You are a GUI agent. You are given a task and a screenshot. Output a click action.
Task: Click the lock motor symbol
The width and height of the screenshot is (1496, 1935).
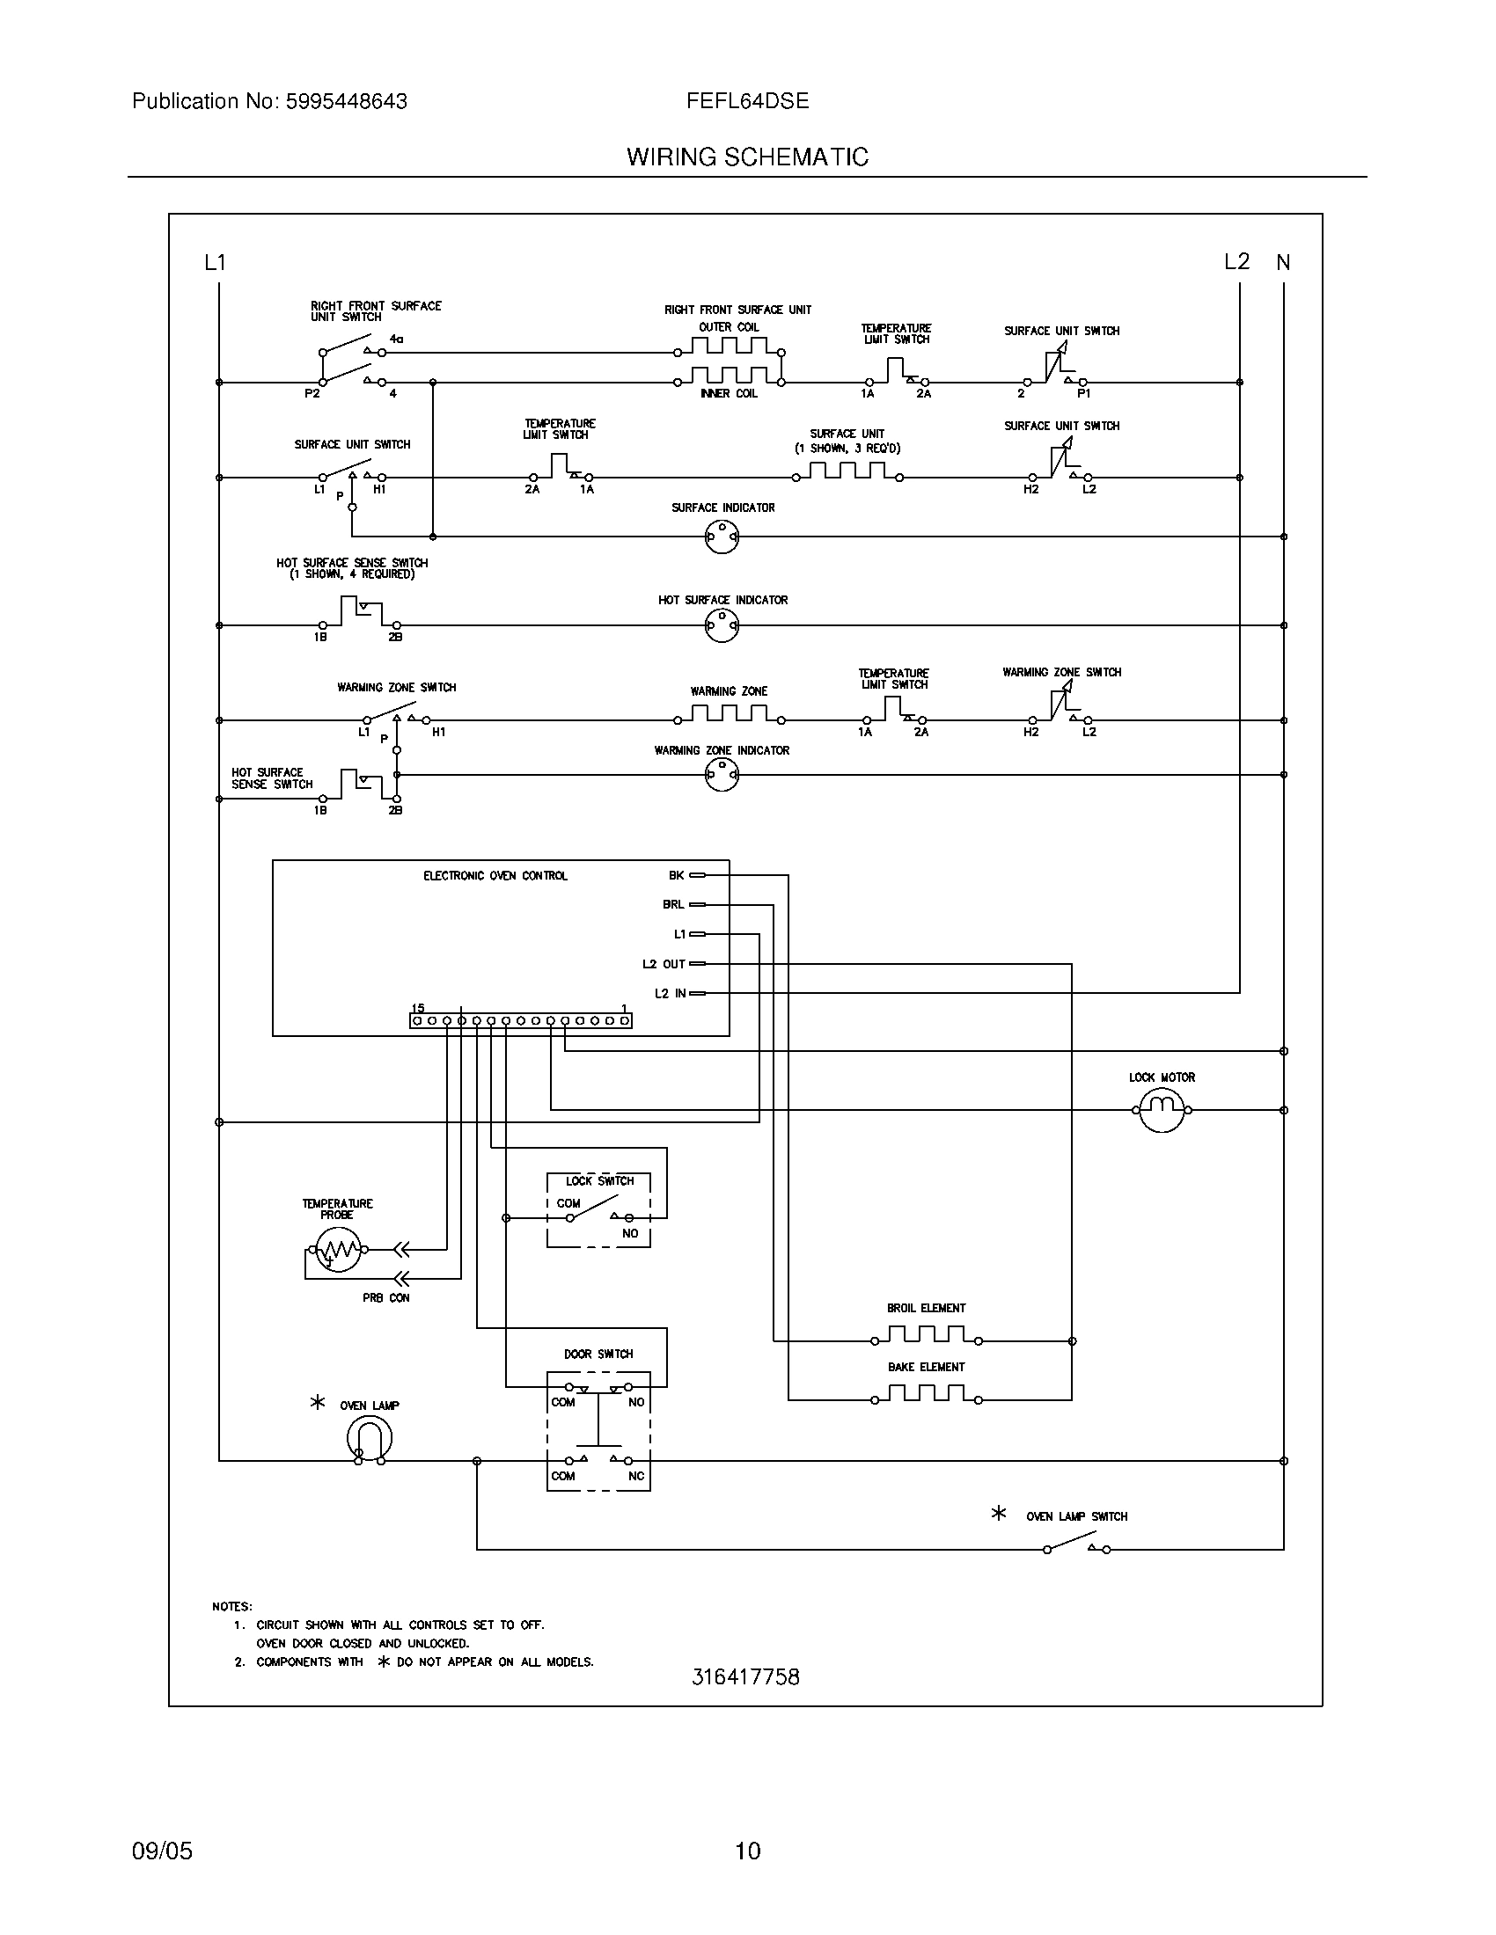pos(1161,1108)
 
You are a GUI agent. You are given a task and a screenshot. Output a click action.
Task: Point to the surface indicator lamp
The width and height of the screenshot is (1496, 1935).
pos(722,536)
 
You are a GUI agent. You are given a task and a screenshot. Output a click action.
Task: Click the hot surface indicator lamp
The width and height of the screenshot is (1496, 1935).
pos(722,625)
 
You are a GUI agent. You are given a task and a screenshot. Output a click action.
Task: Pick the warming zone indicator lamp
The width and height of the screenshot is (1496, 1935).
pos(722,774)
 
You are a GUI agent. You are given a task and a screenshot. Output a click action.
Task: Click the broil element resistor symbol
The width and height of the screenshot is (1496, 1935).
pos(926,1340)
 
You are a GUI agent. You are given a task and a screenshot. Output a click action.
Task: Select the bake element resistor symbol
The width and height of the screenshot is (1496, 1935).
pos(926,1400)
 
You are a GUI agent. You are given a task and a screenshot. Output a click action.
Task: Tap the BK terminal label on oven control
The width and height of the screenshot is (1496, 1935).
pos(676,875)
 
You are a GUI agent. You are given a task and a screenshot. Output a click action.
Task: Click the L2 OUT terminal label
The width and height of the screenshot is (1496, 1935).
pos(664,964)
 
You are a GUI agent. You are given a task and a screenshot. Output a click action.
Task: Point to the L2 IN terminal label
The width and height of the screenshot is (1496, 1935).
pos(670,993)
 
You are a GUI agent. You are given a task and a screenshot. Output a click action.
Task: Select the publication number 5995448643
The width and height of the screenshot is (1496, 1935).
pos(346,102)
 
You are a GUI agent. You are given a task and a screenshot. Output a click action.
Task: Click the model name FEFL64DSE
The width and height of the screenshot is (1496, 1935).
pos(747,102)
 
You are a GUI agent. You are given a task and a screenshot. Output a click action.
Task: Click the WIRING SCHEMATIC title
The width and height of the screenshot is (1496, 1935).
pos(747,157)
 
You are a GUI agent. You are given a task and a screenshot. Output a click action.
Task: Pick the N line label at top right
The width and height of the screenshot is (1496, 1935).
pos(1283,262)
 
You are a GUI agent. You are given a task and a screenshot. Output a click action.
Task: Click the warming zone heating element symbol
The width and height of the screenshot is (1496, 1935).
pos(729,714)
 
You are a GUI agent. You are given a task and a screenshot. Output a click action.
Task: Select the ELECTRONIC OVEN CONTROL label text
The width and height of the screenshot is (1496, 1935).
pos(495,876)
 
